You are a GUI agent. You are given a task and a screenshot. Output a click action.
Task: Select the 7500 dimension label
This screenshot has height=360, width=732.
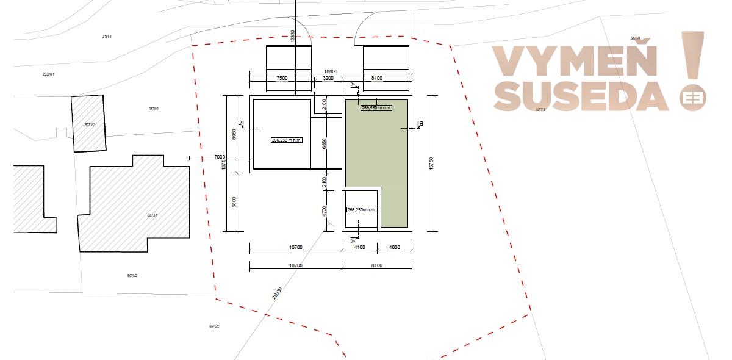pos(282,78)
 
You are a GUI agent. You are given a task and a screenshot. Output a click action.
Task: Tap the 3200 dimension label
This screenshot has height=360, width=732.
pos(328,78)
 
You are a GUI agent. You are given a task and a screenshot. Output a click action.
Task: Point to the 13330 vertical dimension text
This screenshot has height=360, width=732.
pos(293,36)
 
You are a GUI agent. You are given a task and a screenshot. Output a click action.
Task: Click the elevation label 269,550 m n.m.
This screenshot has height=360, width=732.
pos(376,107)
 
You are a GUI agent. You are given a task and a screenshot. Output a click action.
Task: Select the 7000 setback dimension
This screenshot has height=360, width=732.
pos(220,157)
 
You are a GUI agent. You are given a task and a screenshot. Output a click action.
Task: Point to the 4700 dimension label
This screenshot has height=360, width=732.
pos(325,211)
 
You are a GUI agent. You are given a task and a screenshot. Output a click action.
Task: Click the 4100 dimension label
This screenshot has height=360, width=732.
pos(359,247)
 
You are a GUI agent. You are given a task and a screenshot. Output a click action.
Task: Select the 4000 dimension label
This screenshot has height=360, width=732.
pos(394,247)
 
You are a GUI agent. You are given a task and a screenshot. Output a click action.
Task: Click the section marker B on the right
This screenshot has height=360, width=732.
pos(421,124)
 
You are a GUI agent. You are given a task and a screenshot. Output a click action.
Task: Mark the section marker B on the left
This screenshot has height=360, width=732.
pos(240,124)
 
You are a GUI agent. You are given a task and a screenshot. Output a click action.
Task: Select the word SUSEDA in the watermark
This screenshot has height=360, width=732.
pos(581,96)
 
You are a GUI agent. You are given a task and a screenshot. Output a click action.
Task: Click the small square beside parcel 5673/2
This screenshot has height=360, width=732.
pos(61,132)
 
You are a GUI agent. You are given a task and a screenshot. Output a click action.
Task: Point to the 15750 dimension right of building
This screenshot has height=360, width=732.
pos(432,163)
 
